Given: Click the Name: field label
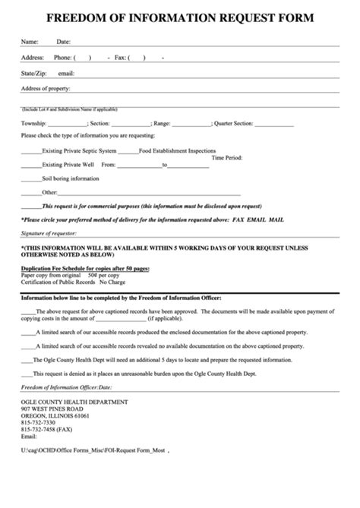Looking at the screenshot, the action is pos(30,41).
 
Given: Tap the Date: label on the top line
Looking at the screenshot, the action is pos(64,41).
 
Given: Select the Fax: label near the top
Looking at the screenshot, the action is pos(120,57).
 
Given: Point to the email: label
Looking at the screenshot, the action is pos(66,74).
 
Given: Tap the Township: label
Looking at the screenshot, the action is pos(35,122).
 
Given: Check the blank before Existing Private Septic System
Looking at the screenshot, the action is pos(31,151).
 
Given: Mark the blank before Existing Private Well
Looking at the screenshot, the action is pos(31,164).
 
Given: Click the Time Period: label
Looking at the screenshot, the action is pos(227,158).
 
